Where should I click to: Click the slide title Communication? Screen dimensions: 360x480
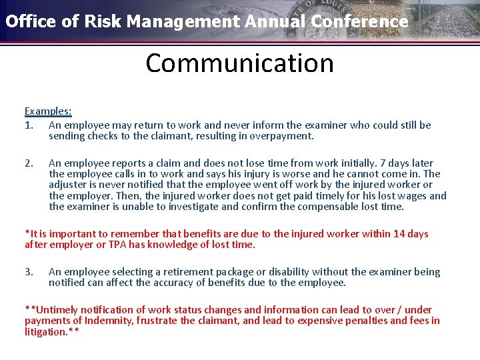pos(239,63)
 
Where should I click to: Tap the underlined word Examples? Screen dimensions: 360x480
pos(47,111)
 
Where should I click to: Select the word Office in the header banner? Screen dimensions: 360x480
pos(29,21)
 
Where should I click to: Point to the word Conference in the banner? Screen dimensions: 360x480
pos(367,21)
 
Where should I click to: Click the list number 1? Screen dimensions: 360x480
pos(28,125)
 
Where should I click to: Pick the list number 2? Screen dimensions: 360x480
pos(28,163)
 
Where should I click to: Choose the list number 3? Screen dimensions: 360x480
pos(28,272)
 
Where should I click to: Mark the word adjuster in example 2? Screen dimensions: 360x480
pos(68,185)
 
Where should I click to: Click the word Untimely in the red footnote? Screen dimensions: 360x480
pos(55,310)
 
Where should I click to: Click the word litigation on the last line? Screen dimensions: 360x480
pos(45,331)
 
